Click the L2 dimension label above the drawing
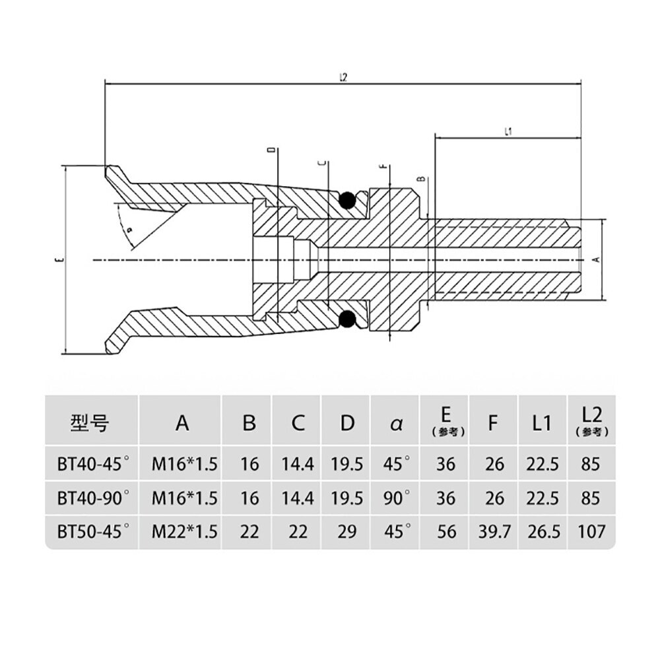coord(343,77)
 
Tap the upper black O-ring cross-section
coord(346,200)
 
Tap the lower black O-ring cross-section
coord(346,319)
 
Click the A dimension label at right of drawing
coord(597,260)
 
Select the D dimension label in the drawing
coord(271,151)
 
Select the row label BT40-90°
coord(92,498)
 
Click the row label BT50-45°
coord(92,531)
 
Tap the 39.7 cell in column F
coord(493,531)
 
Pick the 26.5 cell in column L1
coord(543,531)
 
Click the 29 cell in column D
coord(347,531)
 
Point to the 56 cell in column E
coord(446,531)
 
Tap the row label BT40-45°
coord(92,464)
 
